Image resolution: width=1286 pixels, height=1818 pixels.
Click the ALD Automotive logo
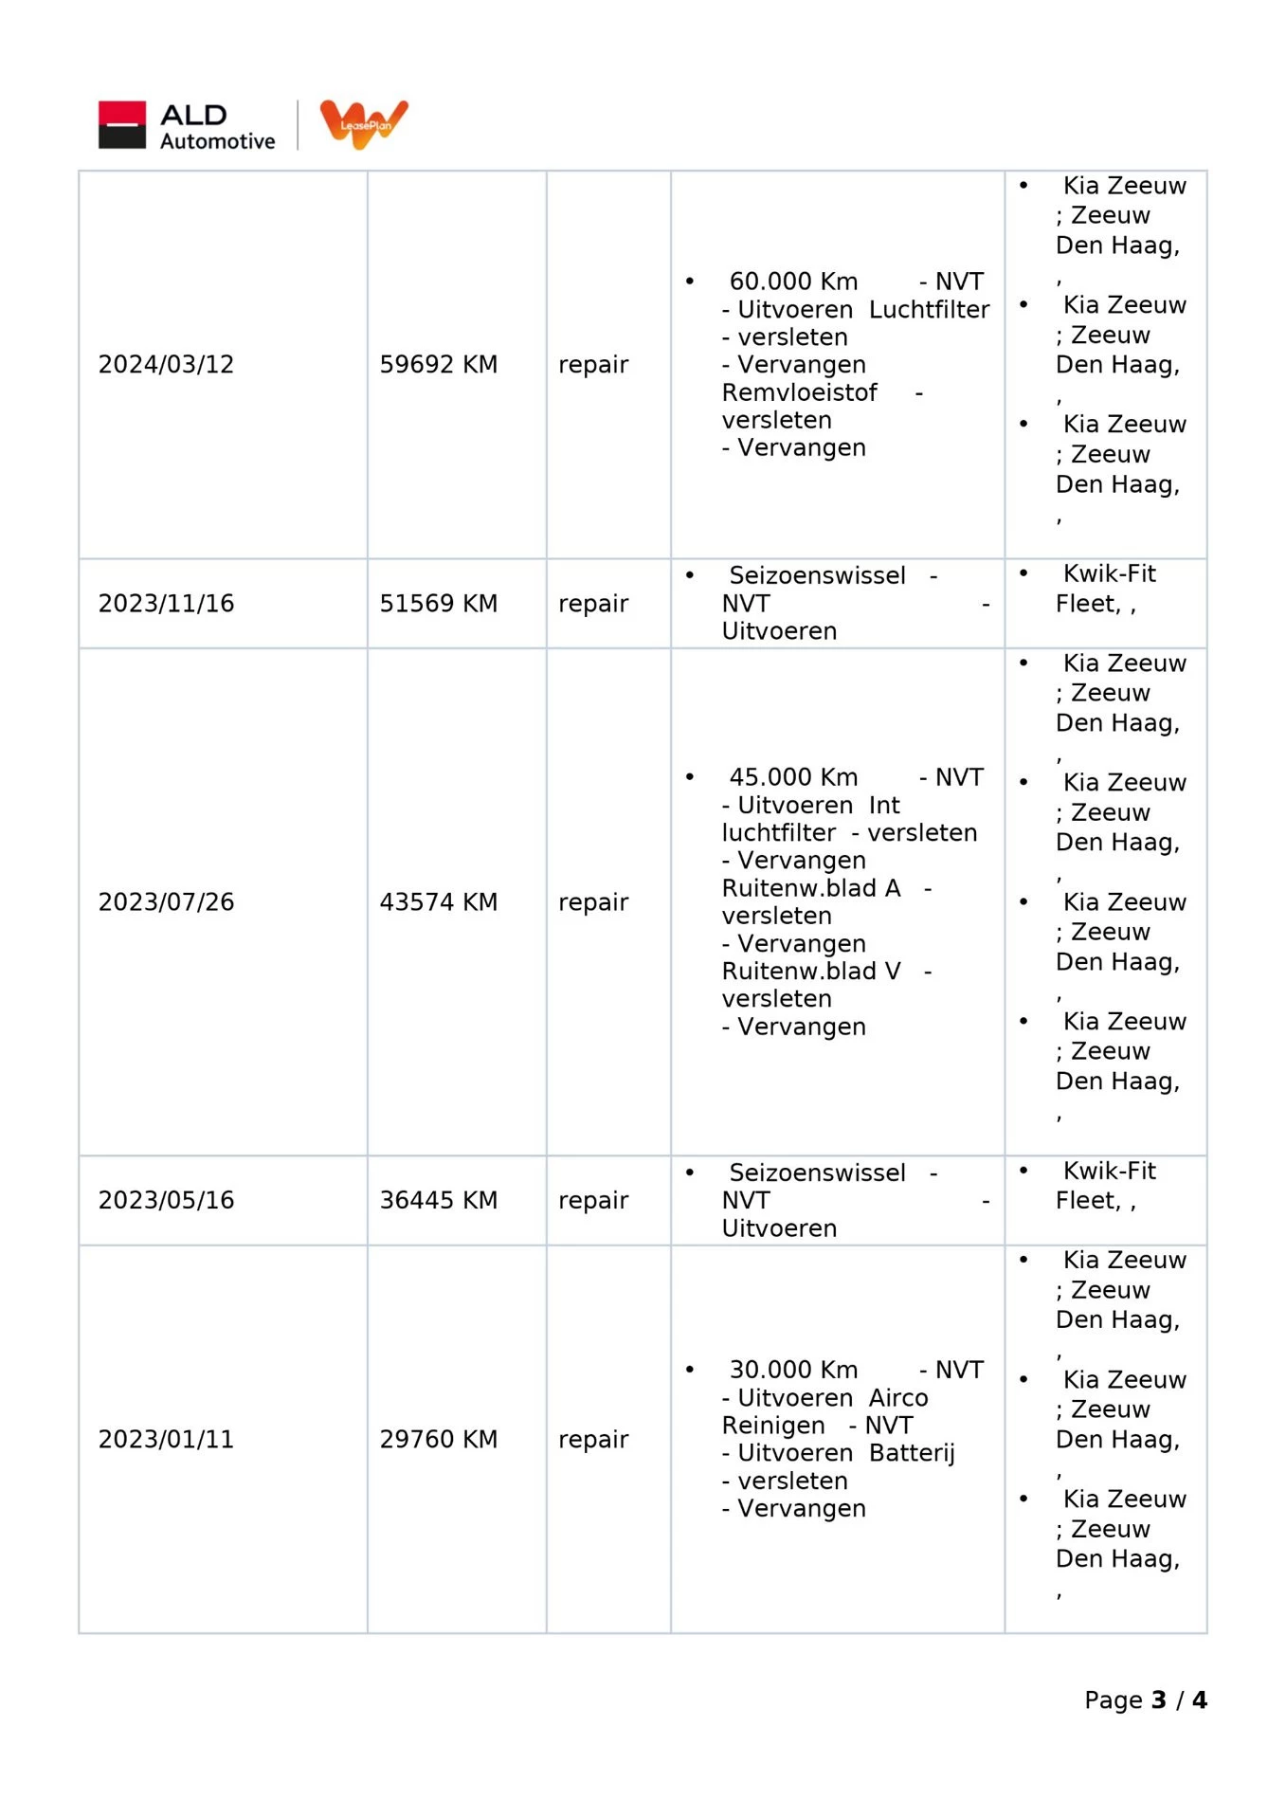pos(187,126)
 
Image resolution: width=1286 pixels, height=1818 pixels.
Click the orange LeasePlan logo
pos(364,124)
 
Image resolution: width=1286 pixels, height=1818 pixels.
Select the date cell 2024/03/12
pos(166,365)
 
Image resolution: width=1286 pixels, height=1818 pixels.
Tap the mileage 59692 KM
pos(438,365)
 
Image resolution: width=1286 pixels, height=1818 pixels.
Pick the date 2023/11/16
pos(166,604)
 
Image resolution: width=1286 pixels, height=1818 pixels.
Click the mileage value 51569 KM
pos(438,604)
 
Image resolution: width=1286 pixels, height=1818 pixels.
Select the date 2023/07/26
pos(166,902)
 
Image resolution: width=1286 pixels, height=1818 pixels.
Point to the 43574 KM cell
pos(438,902)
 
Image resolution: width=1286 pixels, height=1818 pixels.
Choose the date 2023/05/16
pos(166,1201)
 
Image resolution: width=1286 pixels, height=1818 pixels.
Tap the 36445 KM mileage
pos(438,1201)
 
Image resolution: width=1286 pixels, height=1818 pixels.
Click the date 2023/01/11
pos(166,1440)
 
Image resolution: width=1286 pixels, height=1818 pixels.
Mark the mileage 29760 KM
pos(438,1440)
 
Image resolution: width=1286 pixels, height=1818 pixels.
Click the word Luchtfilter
pos(928,310)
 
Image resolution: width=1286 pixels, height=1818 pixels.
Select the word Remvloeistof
pos(799,392)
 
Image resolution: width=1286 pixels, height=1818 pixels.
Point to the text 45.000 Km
pos(793,777)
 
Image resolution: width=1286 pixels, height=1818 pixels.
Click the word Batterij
pos(911,1453)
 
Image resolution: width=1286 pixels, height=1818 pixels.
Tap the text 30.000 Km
pos(793,1371)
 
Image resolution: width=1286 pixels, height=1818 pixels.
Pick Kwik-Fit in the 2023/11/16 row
pos(1109,574)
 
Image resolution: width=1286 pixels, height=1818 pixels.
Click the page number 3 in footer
pos(1158,1700)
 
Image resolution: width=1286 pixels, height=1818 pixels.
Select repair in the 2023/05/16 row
pos(593,1201)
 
